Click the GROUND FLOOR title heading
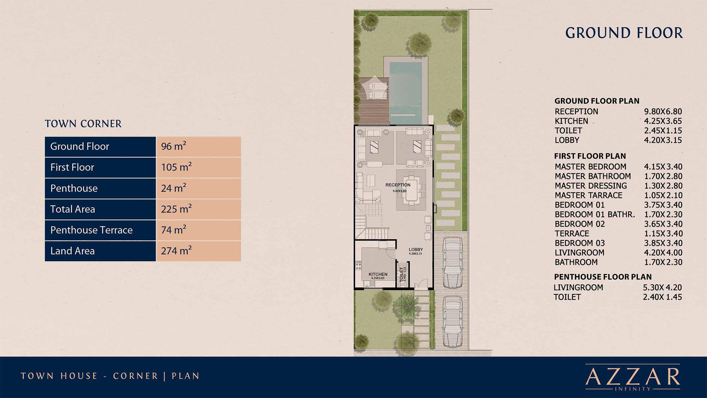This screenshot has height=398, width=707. coord(624,33)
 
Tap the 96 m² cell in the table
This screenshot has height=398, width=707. coord(198,146)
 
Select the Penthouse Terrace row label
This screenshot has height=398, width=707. coord(92,230)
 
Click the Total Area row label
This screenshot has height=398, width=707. coord(73,209)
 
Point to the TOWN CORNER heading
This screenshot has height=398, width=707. coord(83,124)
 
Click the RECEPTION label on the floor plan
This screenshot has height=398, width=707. coord(398,185)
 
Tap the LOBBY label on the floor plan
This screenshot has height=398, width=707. coord(416,249)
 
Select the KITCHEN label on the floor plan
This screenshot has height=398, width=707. coord(378,274)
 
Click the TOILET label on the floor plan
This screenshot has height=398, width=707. coord(402,274)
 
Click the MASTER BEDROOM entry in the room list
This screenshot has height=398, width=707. coord(590,167)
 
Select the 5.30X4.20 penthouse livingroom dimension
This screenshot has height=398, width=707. coord(662,287)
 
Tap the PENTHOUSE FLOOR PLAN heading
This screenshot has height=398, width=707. coord(603,277)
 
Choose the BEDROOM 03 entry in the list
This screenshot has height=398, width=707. coord(579,243)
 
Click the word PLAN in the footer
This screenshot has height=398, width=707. coord(186,376)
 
